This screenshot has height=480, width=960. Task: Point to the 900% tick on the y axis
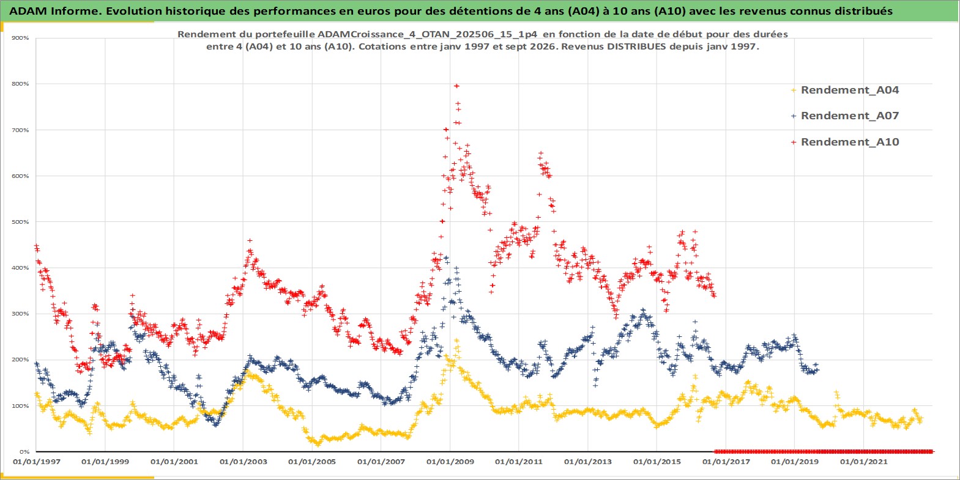[20, 38]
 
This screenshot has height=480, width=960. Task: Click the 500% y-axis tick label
[20, 222]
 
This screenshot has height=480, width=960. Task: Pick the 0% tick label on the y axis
[24, 452]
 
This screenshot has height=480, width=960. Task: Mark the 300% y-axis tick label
[20, 314]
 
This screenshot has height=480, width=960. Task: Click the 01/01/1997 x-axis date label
[37, 462]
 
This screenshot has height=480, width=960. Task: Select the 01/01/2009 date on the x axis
[450, 462]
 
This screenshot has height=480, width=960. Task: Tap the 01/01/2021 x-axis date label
[863, 462]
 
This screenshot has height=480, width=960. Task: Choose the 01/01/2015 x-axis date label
[657, 462]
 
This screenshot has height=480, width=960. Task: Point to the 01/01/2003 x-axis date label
[243, 462]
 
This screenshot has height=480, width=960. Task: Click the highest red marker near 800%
[456, 86]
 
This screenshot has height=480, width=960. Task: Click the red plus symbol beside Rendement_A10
[794, 142]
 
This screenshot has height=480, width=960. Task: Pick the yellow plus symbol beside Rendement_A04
[794, 90]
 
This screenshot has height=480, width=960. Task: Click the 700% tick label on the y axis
[20, 130]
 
